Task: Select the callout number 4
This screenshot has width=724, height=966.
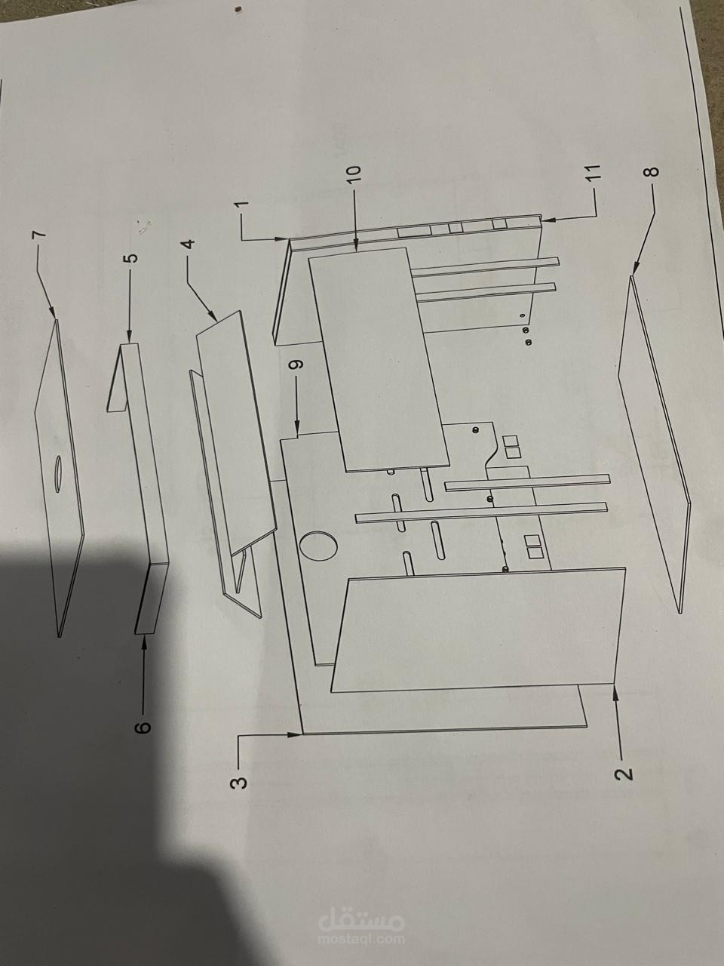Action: [188, 244]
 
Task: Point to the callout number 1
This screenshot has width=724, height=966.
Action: [241, 205]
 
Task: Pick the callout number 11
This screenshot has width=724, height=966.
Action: [595, 171]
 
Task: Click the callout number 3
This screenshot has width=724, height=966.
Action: [239, 781]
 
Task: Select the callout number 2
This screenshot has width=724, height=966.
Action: [622, 774]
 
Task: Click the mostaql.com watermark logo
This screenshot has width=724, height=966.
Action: [362, 928]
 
